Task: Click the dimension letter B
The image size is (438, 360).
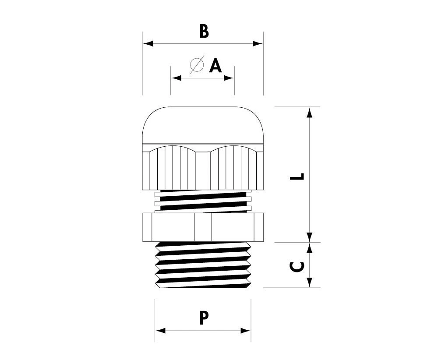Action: [x=204, y=31]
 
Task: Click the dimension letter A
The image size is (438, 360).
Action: [x=215, y=66]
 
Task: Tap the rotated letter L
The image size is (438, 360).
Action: [x=298, y=176]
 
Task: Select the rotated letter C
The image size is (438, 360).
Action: [x=298, y=267]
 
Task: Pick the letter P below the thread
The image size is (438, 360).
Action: [x=204, y=318]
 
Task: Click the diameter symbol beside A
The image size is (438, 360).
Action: [x=197, y=64]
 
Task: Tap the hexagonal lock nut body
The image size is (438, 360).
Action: [x=203, y=226]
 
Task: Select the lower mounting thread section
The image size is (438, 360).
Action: [x=203, y=265]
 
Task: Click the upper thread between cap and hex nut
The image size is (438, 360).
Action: [x=203, y=201]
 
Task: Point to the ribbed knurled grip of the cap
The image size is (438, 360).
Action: [x=203, y=169]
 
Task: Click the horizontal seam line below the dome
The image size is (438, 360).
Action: [x=203, y=144]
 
